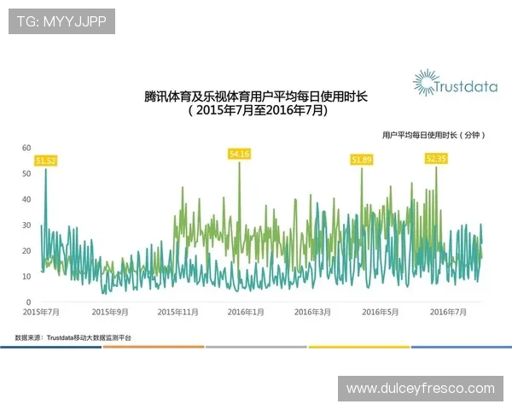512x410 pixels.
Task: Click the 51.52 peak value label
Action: (x=45, y=161)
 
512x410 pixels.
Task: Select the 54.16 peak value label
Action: (x=240, y=154)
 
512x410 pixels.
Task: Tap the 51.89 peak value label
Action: (x=362, y=160)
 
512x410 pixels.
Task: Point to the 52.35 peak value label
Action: (x=436, y=158)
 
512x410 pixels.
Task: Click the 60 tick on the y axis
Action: (x=26, y=148)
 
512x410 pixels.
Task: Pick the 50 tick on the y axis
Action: (x=26, y=173)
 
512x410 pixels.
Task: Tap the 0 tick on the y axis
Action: (x=29, y=302)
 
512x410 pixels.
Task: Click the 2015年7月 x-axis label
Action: (x=42, y=313)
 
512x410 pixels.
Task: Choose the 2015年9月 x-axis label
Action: (x=110, y=313)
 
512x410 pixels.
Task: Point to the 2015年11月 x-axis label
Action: (x=178, y=313)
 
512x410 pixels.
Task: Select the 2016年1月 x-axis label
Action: (x=245, y=313)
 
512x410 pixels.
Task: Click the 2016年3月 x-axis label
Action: (x=312, y=313)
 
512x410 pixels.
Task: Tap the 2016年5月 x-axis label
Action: (x=380, y=313)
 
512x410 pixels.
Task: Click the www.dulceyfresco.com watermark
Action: (x=420, y=389)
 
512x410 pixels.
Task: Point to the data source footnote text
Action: (x=73, y=338)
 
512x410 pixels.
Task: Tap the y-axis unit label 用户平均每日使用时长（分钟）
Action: (x=433, y=135)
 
